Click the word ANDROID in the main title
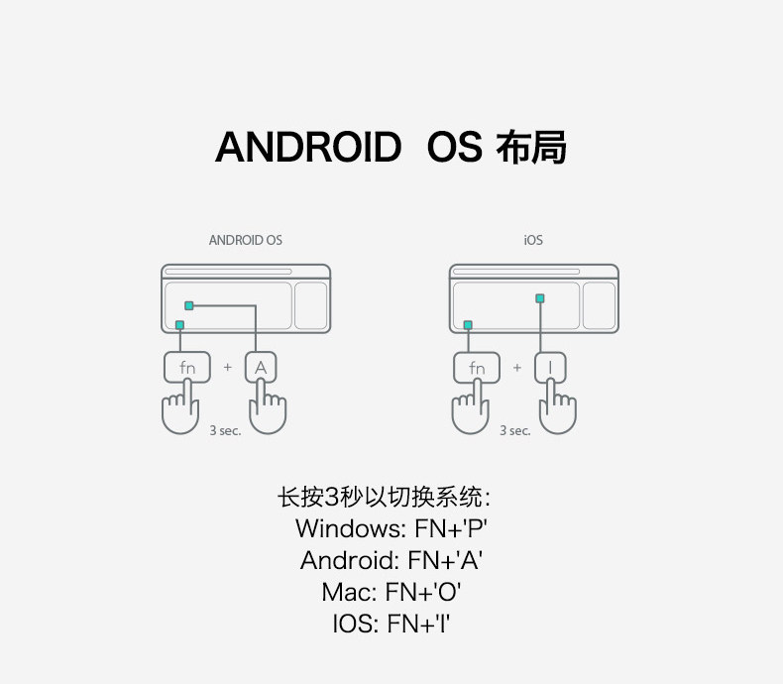click(x=307, y=148)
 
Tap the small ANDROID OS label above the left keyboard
click(x=245, y=240)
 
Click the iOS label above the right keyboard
click(x=533, y=240)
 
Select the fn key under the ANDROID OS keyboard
click(x=187, y=368)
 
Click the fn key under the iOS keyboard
click(x=477, y=368)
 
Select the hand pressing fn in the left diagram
click(x=180, y=411)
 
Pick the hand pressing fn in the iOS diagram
click(x=470, y=411)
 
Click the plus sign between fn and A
click(x=227, y=368)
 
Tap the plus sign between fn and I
click(x=516, y=368)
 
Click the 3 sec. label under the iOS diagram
click(x=514, y=431)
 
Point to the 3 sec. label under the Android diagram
click(x=225, y=431)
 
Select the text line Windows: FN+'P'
click(x=391, y=527)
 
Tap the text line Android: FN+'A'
click(x=391, y=560)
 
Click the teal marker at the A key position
click(x=188, y=305)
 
